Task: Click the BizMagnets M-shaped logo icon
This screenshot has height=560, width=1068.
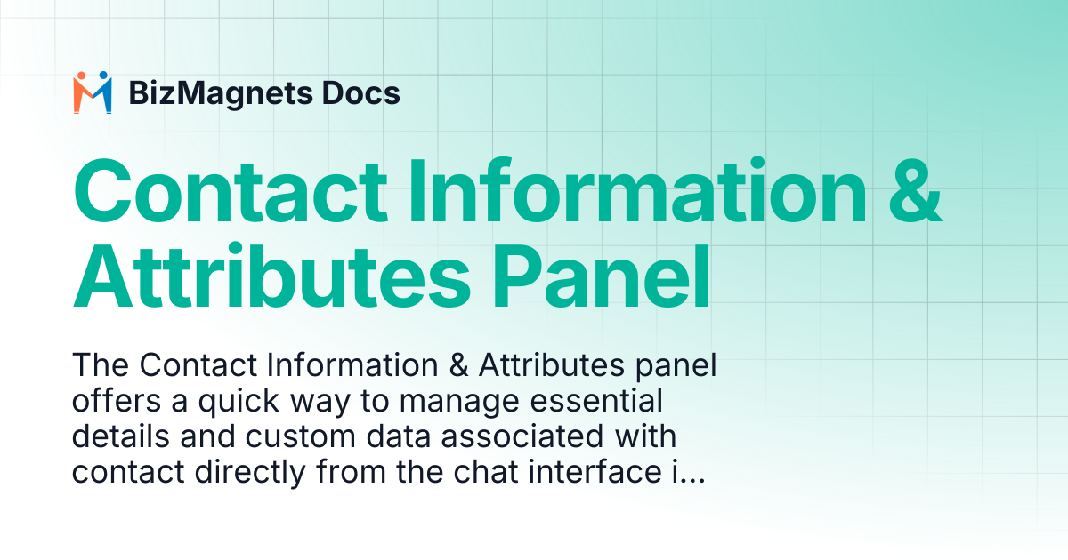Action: point(93,92)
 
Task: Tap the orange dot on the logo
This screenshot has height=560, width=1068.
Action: point(81,76)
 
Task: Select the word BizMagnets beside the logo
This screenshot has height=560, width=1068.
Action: point(221,93)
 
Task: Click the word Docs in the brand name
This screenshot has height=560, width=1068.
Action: point(361,92)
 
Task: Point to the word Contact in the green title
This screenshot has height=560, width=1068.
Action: point(231,191)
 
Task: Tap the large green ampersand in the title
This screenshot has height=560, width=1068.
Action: point(915,190)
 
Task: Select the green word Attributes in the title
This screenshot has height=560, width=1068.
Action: point(271,276)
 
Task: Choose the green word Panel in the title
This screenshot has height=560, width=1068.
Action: point(601,276)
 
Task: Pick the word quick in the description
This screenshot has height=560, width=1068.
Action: point(239,401)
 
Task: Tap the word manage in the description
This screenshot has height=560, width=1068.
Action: point(458,403)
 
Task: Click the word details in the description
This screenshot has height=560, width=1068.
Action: point(121,436)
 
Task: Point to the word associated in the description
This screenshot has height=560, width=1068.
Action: point(522,436)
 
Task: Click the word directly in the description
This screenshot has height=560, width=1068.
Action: point(250,473)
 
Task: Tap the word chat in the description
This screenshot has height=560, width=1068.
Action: point(484,471)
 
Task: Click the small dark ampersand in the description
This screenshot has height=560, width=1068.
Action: point(458,365)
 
